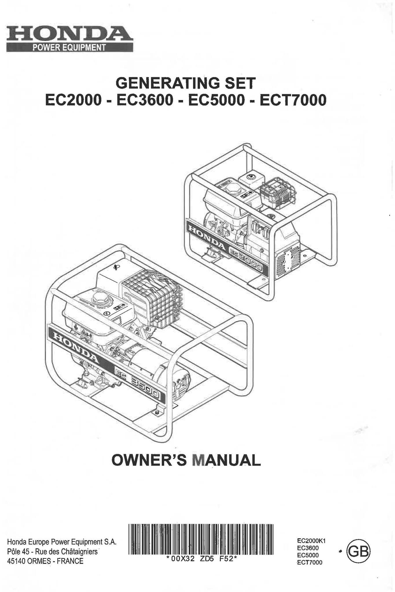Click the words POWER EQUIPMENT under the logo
coord(69,48)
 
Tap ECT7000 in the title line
coord(293,100)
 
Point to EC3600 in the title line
coord(145,100)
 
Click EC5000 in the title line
coord(216,100)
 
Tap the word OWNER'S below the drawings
coord(149,460)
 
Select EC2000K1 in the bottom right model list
coord(311,541)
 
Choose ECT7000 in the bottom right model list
coord(309,562)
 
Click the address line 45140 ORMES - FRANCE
coord(45,561)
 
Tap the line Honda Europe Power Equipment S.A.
coord(62,542)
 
